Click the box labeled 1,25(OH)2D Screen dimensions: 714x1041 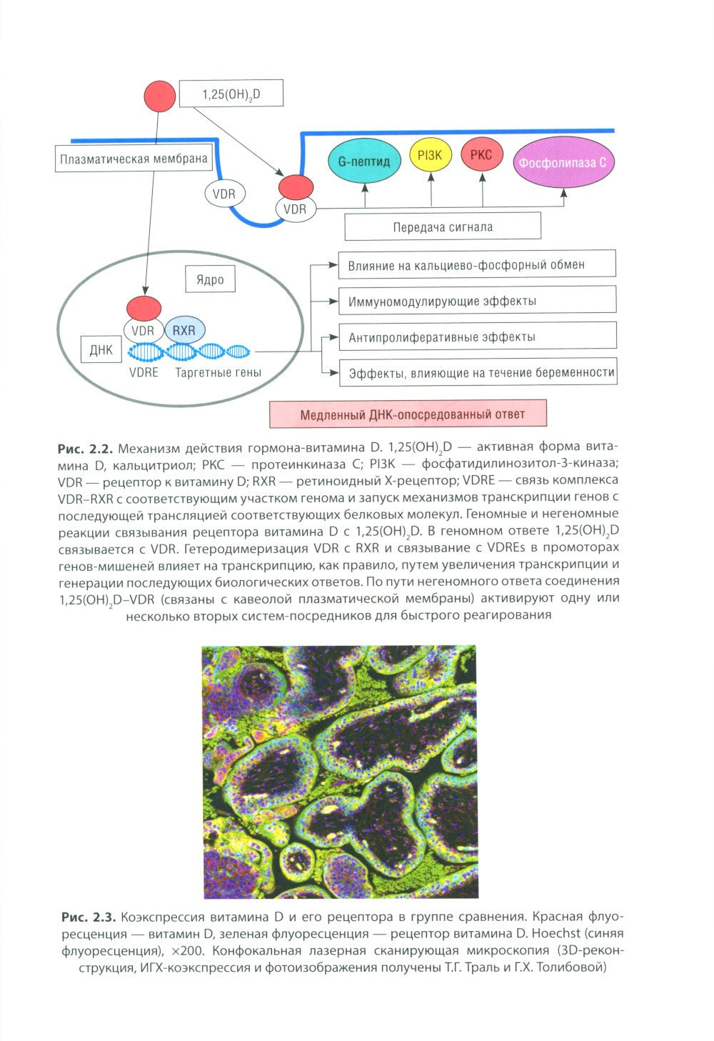click(x=231, y=94)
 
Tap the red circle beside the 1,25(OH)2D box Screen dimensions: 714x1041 click(x=160, y=96)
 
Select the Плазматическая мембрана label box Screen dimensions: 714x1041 click(x=134, y=159)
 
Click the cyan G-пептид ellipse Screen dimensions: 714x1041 click(x=363, y=161)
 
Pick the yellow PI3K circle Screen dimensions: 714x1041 click(x=430, y=155)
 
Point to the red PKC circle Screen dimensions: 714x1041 click(x=482, y=154)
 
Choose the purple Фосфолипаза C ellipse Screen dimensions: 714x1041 click(x=563, y=162)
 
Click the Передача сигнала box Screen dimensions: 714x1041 click(x=443, y=226)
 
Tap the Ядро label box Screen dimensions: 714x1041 click(x=210, y=279)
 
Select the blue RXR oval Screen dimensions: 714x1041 click(x=184, y=330)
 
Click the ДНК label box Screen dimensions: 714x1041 click(x=101, y=349)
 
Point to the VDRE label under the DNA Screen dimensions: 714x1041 click(x=144, y=372)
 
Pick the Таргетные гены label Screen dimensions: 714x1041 click(x=218, y=372)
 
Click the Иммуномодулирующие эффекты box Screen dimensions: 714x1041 click(x=477, y=300)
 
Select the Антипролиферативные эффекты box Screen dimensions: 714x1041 click(x=478, y=336)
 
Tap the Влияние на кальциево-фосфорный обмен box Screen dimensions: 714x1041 click(x=477, y=264)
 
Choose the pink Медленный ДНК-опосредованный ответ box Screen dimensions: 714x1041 click(x=408, y=414)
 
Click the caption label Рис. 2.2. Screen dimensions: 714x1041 click(x=86, y=449)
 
